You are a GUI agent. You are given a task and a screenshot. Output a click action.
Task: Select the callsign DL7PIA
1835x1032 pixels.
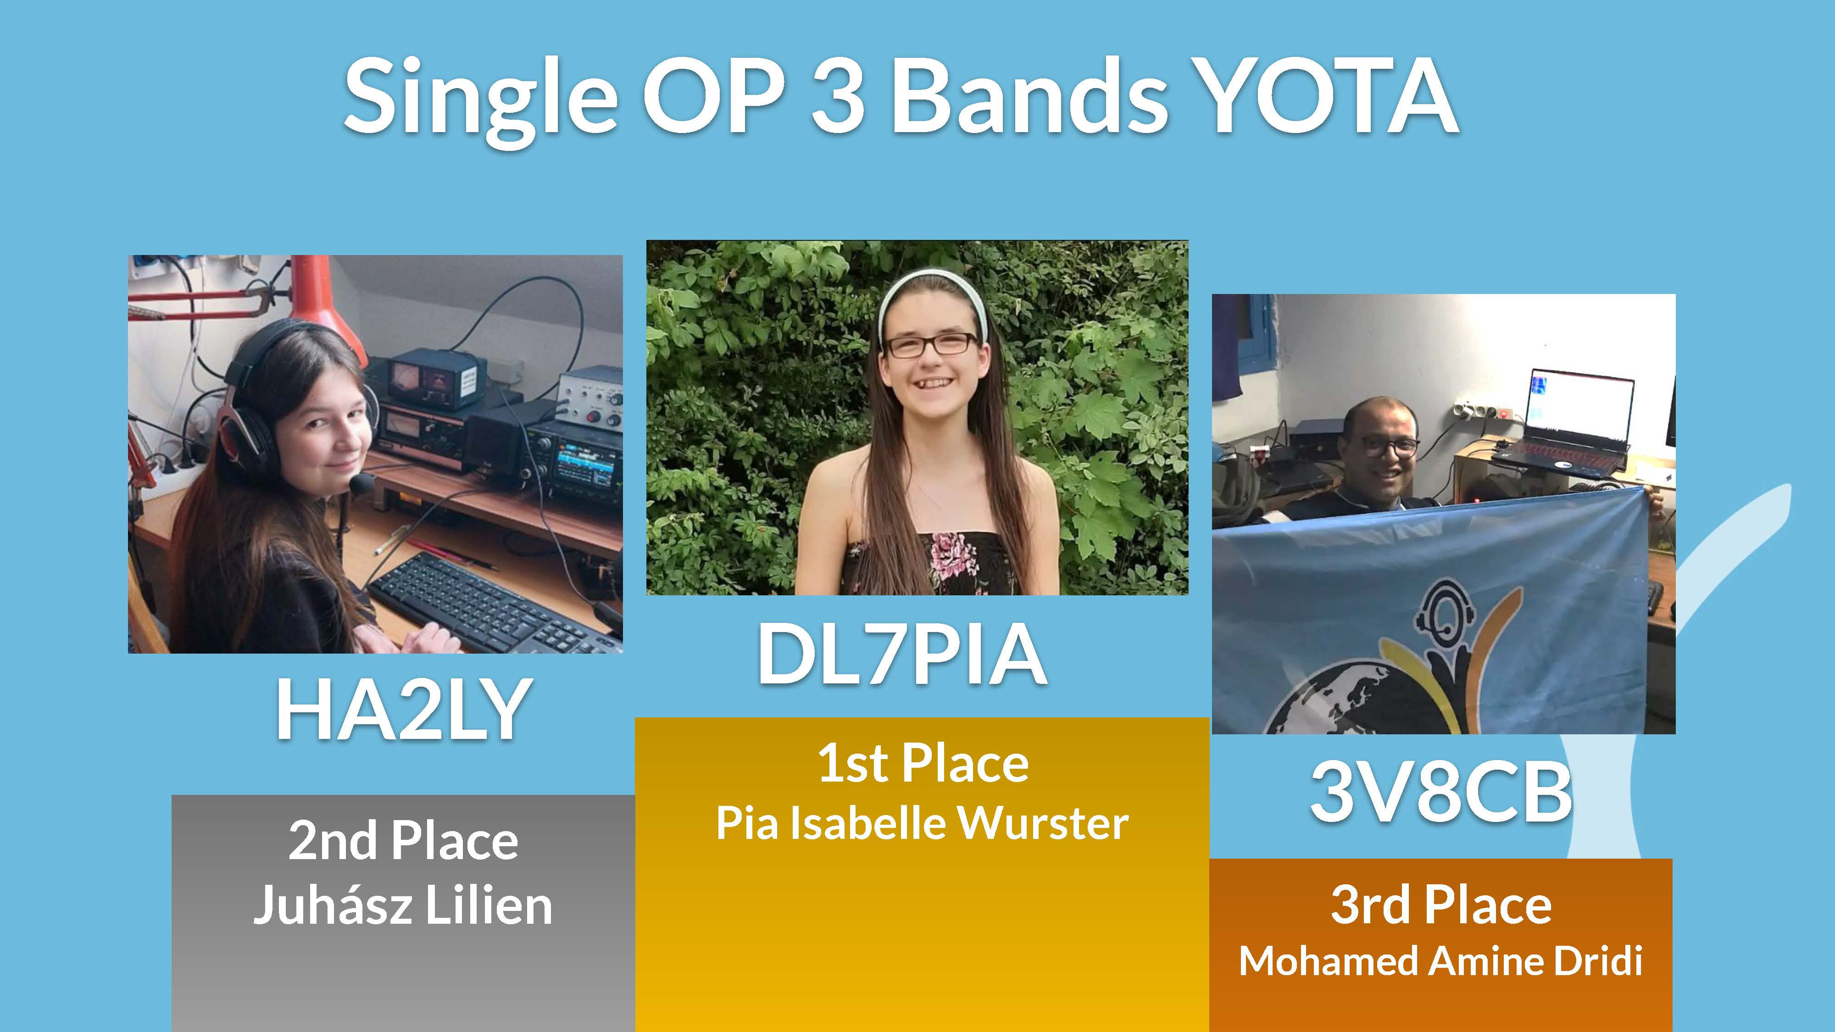pyautogui.click(x=902, y=654)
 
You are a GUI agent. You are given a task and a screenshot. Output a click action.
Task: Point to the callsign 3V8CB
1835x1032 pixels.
pyautogui.click(x=1440, y=791)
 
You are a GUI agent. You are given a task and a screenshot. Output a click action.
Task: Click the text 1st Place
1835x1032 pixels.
pyautogui.click(x=923, y=764)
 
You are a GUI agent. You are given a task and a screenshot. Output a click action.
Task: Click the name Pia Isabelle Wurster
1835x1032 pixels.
pyautogui.click(x=923, y=823)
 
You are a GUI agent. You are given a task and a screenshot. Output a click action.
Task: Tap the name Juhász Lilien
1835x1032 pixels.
pyautogui.click(x=403, y=905)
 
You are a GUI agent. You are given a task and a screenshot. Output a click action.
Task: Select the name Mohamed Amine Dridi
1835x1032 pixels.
pyautogui.click(x=1440, y=961)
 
